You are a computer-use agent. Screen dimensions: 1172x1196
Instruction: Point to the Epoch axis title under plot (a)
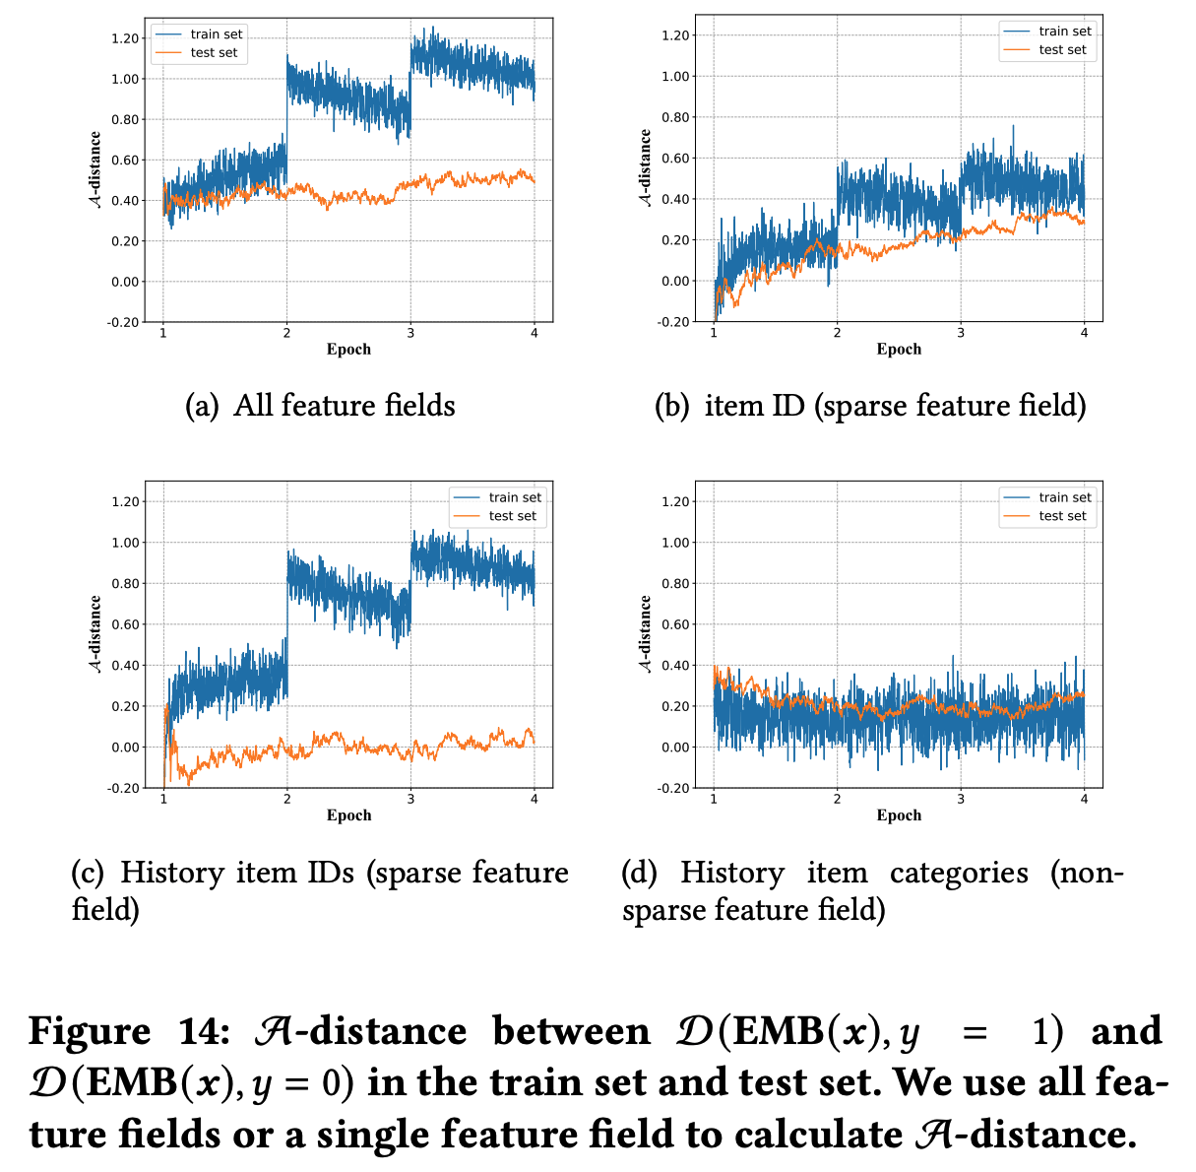tap(348, 350)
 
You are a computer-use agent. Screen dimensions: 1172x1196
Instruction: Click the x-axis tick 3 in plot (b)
tap(961, 333)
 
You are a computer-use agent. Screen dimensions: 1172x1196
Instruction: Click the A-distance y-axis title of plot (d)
tap(646, 634)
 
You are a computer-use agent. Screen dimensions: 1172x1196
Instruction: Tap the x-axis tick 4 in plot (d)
tap(1084, 799)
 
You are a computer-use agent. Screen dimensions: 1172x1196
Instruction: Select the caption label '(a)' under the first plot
tap(203, 406)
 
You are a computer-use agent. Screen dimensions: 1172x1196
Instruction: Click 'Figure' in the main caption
tap(90, 1032)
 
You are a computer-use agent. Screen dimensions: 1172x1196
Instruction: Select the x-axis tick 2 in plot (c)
tap(286, 799)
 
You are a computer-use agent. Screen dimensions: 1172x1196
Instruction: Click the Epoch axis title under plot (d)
tap(899, 815)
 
